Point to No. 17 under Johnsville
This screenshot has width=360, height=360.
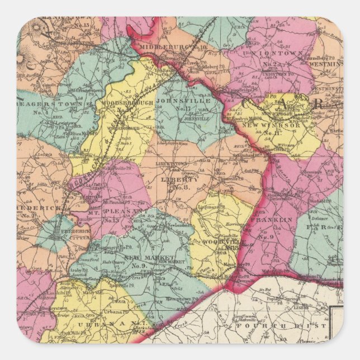(x=183, y=110)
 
